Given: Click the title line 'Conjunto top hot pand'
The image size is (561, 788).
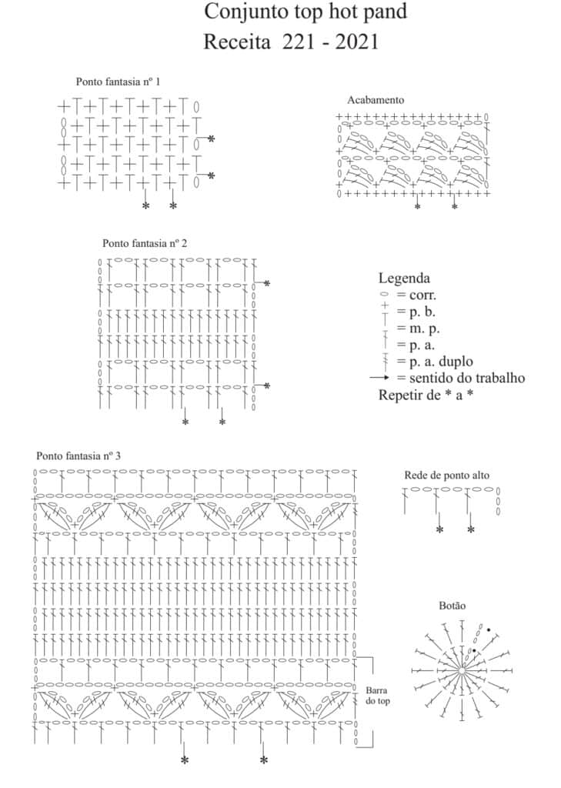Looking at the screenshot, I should coord(306,12).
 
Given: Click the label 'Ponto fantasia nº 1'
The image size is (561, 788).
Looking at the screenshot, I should coord(118,82).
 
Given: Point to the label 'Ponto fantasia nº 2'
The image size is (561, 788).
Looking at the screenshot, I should coord(145,243).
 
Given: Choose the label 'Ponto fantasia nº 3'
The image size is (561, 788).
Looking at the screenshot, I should coord(78,456).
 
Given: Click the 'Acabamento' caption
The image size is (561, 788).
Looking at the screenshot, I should coord(376,100).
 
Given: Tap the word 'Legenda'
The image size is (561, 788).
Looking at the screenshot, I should coord(404,279).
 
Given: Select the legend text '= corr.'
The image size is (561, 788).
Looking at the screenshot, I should coord(417,295).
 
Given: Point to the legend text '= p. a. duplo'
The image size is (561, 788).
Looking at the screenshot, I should coord(435,362).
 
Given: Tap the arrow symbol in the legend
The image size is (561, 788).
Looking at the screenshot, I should coord(382,378).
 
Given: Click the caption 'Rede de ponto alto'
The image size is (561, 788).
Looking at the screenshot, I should coord(446,475).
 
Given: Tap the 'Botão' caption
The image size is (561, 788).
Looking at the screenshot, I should coord(452,606).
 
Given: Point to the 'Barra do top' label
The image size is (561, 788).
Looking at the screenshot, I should coord(376,696).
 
